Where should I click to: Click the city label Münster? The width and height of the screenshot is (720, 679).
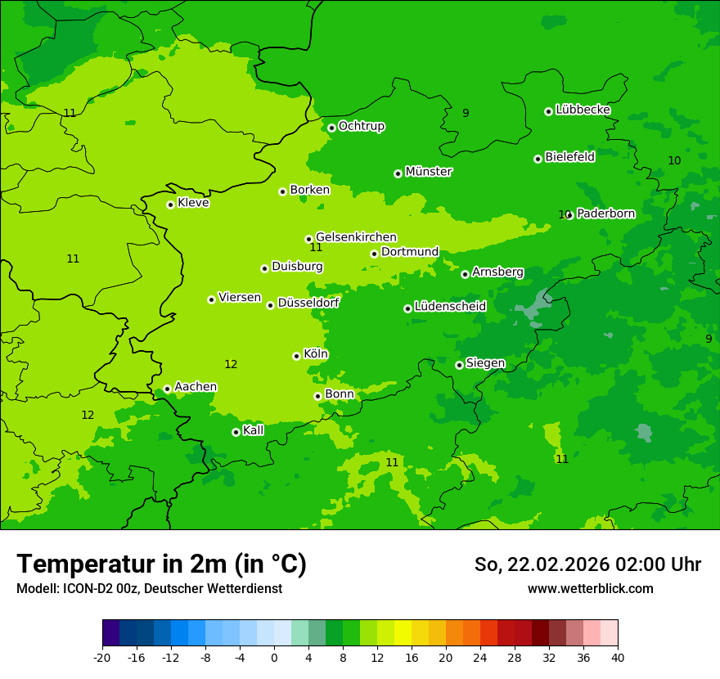click(428, 172)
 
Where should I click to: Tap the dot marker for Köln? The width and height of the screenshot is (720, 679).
click(296, 356)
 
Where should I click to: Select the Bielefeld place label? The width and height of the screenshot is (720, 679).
click(569, 157)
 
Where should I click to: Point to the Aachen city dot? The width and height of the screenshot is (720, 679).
click(167, 389)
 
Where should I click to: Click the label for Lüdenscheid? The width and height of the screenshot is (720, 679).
click(450, 307)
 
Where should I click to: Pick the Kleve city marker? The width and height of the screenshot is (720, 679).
click(170, 205)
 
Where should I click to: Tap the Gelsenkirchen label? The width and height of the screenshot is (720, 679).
click(356, 237)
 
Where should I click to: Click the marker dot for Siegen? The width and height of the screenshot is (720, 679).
click(459, 365)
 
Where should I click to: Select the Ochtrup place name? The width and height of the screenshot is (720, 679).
click(361, 126)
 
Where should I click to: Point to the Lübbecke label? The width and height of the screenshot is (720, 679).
click(583, 110)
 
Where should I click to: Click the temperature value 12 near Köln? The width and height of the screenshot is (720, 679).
click(231, 364)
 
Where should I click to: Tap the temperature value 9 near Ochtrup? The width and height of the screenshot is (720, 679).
click(466, 113)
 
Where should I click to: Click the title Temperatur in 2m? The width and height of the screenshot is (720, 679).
click(161, 564)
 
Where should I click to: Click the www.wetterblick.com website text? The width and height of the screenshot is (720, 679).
click(590, 589)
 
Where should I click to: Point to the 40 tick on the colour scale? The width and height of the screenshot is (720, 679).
click(618, 658)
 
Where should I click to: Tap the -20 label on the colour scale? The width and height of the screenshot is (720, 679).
click(102, 658)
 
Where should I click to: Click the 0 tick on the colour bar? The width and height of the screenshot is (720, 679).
click(274, 658)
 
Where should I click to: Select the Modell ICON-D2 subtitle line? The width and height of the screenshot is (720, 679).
click(149, 589)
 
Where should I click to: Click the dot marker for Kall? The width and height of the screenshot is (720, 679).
click(236, 432)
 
